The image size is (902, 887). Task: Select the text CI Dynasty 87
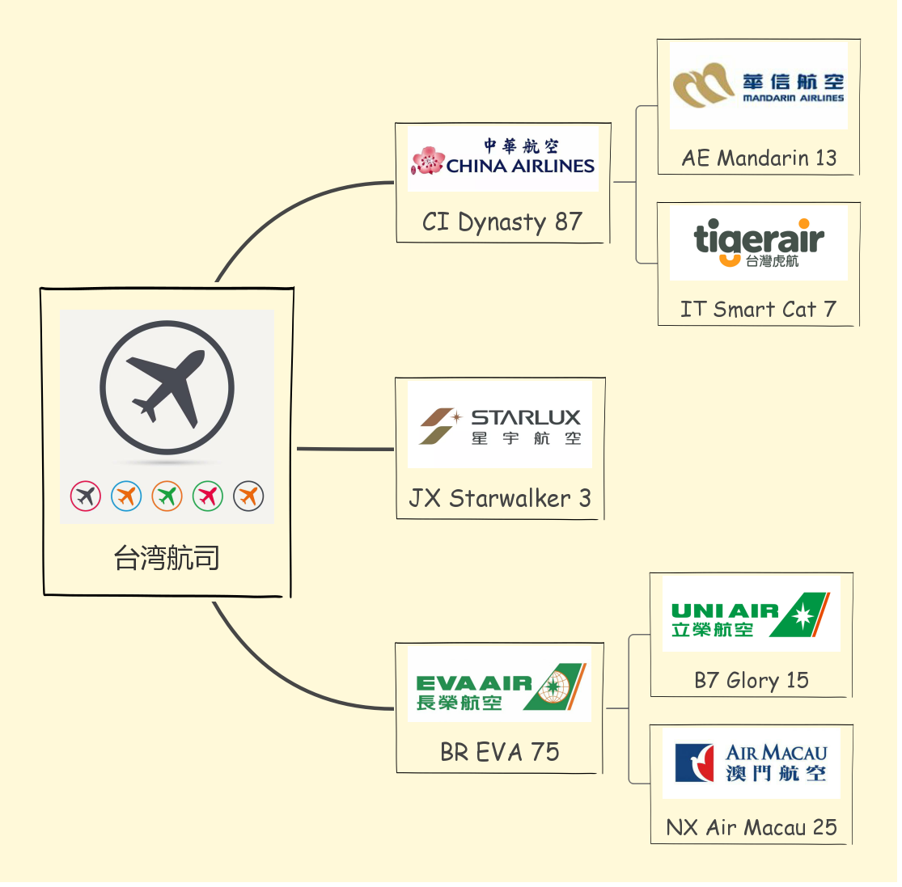click(502, 222)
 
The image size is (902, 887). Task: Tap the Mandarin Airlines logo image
click(758, 87)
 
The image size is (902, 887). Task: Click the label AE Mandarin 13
click(759, 158)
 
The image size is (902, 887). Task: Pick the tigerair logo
click(758, 243)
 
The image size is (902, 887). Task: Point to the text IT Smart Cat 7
click(758, 309)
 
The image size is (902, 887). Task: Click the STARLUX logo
click(500, 426)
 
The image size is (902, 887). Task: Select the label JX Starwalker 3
click(500, 498)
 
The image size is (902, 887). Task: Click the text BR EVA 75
click(500, 752)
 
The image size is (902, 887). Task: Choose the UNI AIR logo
click(751, 615)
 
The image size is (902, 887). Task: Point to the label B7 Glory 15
click(752, 681)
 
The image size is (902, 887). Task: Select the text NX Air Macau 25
click(751, 827)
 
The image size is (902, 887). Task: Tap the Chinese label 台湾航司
click(167, 558)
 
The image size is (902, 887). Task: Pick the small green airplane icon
click(167, 496)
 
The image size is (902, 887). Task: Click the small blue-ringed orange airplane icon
click(126, 496)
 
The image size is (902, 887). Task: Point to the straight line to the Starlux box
click(345, 449)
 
